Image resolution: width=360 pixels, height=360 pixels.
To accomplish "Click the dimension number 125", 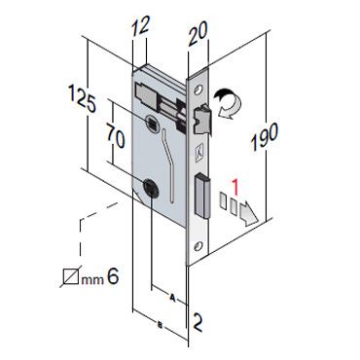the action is pos(82,98).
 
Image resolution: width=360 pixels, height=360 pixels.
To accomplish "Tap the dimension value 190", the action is pos(265,136).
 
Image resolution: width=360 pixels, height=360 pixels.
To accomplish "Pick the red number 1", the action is pos(235,188).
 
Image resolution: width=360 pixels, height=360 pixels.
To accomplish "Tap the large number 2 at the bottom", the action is pos(197,323).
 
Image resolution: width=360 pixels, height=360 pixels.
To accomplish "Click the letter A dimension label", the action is pos(173,298).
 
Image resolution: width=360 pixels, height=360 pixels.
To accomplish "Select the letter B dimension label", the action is pos(161,324).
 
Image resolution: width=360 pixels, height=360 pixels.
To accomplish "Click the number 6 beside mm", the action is pos(113,276).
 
